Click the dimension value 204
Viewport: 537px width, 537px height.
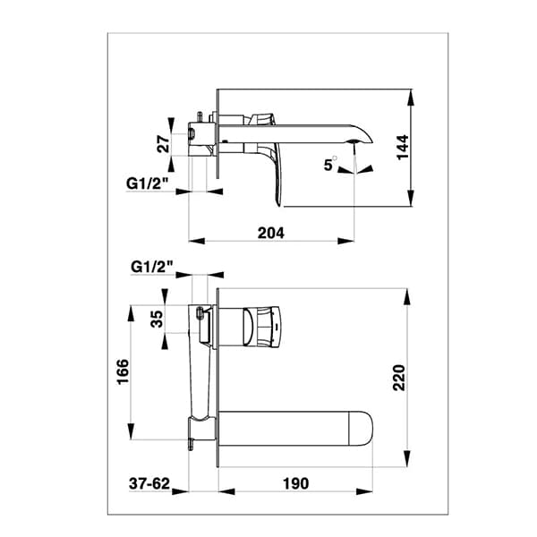point(270,233)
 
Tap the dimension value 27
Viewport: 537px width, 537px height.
point(163,144)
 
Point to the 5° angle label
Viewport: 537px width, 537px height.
point(330,164)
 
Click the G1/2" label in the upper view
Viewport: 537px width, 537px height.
point(145,183)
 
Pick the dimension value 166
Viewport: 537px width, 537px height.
point(123,372)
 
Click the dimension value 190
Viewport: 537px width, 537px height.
point(294,483)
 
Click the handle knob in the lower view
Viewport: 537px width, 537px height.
point(260,326)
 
